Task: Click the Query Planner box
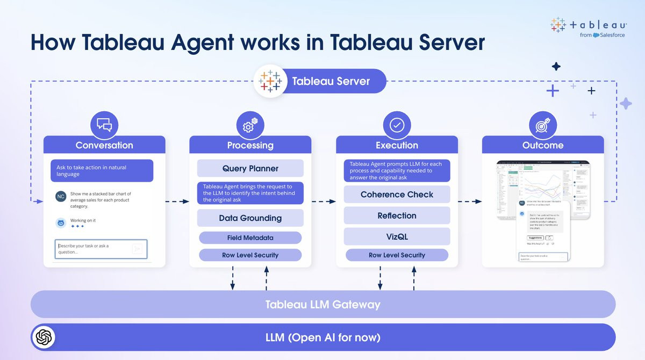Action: (250, 168)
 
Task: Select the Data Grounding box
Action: (250, 218)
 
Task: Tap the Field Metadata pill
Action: (250, 237)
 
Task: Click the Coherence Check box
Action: (397, 195)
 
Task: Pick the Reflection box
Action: (397, 215)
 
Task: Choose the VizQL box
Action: (397, 236)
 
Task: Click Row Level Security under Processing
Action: (250, 255)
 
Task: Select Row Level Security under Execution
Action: (397, 255)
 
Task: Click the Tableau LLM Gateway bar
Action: (322, 304)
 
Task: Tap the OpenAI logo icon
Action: (44, 337)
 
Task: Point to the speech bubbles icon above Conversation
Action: (104, 125)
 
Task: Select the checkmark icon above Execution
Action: (397, 125)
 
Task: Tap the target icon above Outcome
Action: (542, 125)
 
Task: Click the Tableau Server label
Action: (331, 82)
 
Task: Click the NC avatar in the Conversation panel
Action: (61, 197)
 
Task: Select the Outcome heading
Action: (543, 145)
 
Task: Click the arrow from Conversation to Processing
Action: (177, 201)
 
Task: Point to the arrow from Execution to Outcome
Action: (470, 201)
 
